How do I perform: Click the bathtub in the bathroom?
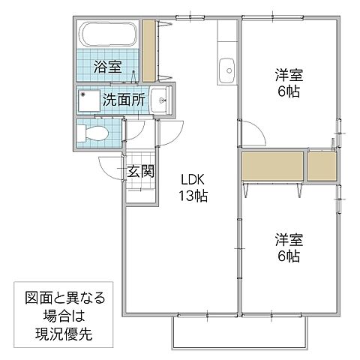point(109,35)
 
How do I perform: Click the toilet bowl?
point(93,135)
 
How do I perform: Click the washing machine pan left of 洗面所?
point(90,99)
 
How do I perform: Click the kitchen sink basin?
point(225,73)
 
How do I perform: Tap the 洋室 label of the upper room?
point(286,74)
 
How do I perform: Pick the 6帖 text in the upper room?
point(286,91)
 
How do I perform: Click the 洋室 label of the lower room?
point(286,240)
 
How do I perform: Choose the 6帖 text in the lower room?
point(286,256)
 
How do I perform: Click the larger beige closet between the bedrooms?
point(272,166)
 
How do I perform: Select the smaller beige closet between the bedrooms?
point(322,166)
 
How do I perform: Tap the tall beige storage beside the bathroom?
point(148,51)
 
